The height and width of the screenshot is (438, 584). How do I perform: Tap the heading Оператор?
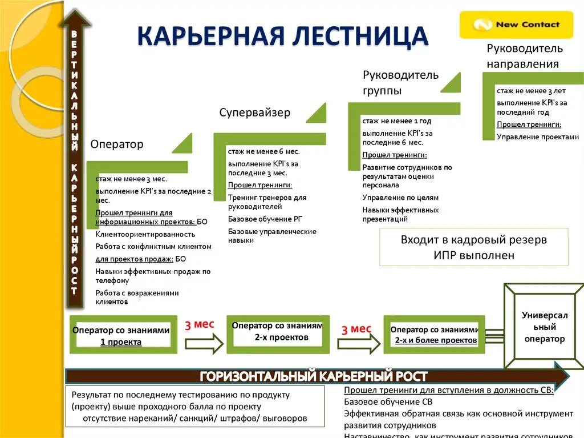pos(117,144)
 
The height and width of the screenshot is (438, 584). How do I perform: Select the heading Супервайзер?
pos(255,112)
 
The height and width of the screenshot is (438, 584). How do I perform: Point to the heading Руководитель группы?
pos(400,83)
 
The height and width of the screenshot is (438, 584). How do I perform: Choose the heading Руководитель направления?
pos(524,56)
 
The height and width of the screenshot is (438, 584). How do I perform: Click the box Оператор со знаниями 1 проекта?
pos(121,336)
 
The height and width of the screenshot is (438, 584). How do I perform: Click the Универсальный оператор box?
pos(544,327)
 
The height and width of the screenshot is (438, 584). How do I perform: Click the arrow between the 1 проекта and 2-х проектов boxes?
pos(204,344)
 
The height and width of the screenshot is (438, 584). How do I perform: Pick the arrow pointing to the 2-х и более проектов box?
pos(359,344)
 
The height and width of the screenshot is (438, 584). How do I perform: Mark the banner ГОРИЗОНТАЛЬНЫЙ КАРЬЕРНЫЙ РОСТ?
pos(314,376)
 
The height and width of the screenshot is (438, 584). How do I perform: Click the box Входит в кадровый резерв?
pos(473,247)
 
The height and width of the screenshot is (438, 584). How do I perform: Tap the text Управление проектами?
pos(538,137)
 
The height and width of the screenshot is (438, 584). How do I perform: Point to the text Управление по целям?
pos(400,198)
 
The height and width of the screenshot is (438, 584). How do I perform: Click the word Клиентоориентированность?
pos(145,234)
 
